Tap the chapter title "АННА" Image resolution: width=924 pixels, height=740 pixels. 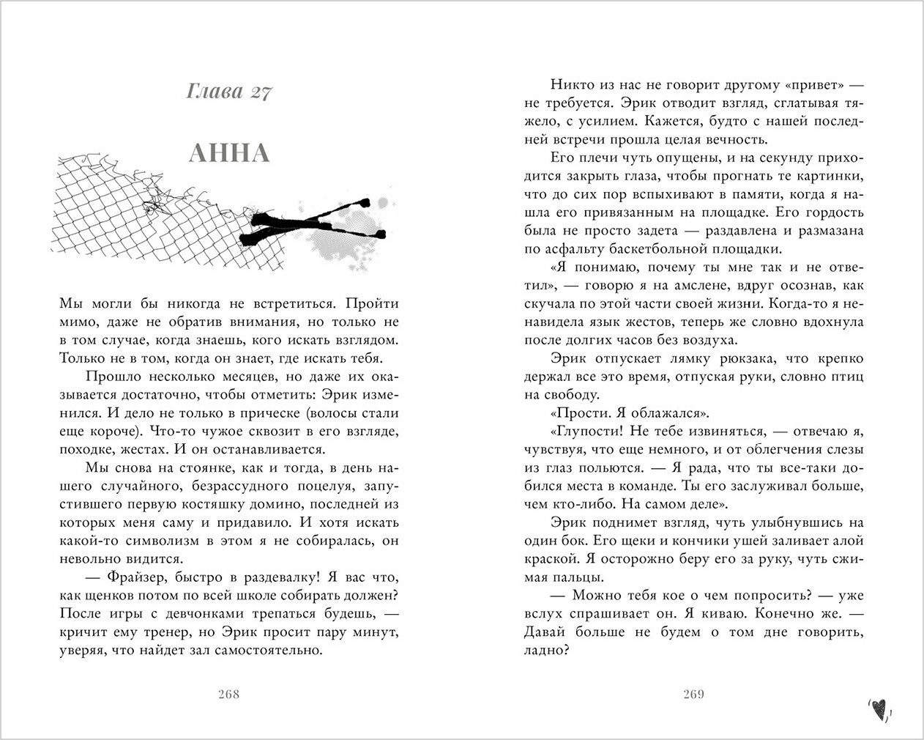pos(229,154)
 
